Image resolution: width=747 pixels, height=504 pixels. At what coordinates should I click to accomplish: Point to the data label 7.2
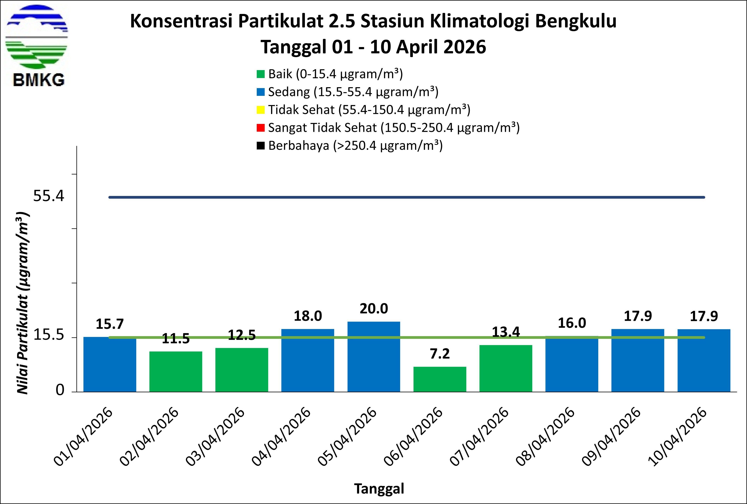pos(440,354)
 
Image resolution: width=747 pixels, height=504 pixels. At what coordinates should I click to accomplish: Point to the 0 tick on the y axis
pos(60,390)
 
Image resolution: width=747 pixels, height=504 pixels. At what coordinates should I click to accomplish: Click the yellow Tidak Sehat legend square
pos(260,110)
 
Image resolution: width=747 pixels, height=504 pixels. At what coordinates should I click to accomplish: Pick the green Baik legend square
pos(260,74)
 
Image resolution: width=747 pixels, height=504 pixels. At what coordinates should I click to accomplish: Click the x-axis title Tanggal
pos(379,488)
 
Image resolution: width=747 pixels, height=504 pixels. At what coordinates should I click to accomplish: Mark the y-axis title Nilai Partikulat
pos(22,303)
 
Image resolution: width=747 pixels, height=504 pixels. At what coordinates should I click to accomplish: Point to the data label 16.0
pos(572,323)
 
